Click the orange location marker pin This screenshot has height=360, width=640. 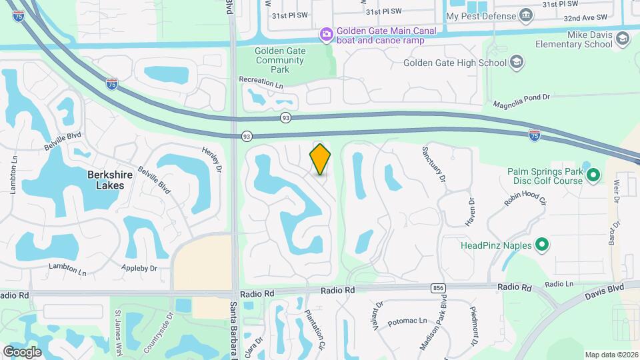tap(321, 159)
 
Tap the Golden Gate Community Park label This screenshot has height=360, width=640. tap(280, 60)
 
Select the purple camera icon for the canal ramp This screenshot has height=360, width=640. tap(326, 34)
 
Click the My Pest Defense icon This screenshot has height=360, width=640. tap(527, 15)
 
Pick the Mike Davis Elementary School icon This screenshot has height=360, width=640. tap(622, 39)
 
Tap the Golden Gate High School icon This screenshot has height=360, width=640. tap(517, 63)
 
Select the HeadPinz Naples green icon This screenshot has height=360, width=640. tap(542, 245)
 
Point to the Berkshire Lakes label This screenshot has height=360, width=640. tap(106, 180)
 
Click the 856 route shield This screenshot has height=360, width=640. tap(438, 288)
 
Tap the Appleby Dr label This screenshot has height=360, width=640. tap(139, 268)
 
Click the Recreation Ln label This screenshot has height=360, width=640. tap(261, 81)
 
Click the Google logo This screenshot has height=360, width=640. tap(22, 351)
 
